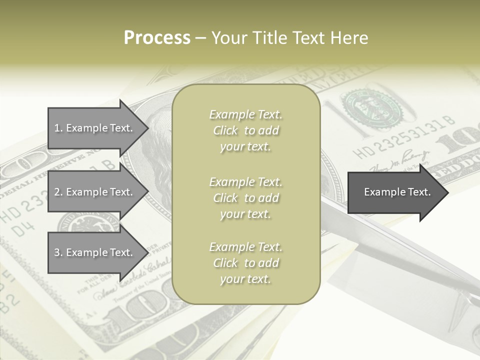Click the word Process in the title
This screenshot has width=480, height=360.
[157, 38]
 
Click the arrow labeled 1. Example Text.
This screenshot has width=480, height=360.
[97, 128]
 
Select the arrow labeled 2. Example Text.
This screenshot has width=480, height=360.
[97, 192]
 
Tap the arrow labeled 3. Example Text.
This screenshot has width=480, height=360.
[97, 252]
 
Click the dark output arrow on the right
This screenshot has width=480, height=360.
[397, 192]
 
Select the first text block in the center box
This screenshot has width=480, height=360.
[245, 130]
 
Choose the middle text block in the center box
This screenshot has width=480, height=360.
[245, 198]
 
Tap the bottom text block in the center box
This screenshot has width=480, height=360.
[245, 263]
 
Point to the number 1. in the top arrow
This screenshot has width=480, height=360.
[58, 128]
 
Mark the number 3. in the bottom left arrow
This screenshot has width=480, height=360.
[58, 252]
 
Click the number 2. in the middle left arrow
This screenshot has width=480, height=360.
[58, 192]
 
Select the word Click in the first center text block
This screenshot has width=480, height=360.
[225, 131]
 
